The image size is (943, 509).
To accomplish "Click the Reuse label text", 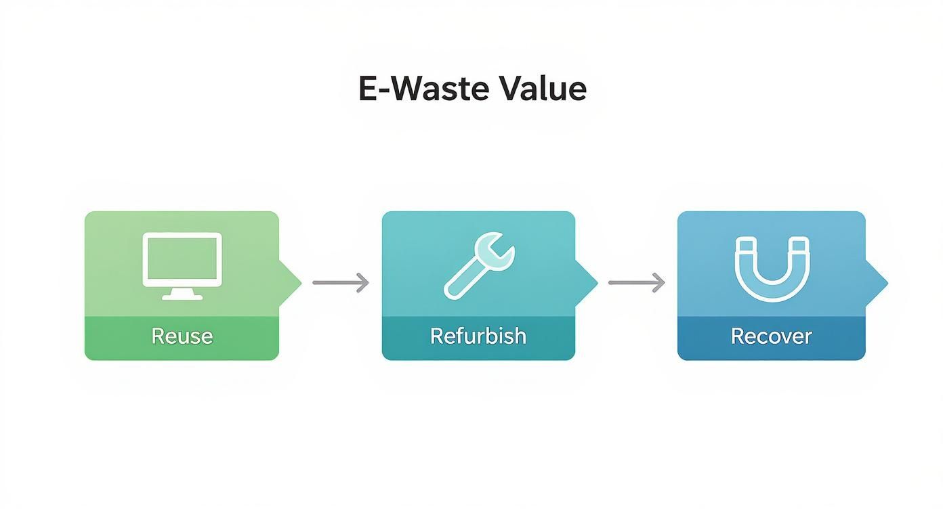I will [182, 336].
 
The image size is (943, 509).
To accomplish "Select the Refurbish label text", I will [478, 336].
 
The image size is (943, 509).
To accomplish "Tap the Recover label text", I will [771, 336].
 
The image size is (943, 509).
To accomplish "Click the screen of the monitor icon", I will [182, 259].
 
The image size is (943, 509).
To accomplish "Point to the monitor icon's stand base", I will [182, 296].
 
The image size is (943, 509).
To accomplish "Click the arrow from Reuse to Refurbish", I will [341, 282].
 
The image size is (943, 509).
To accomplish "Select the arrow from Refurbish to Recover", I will [637, 282].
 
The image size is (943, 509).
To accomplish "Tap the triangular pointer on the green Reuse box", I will [291, 282].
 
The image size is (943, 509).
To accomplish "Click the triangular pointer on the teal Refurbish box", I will [587, 282].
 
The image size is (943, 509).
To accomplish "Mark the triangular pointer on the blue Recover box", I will [877, 282].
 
